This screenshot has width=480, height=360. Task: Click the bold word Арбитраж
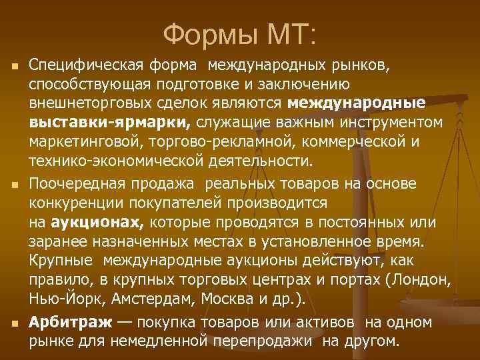click(71, 323)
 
